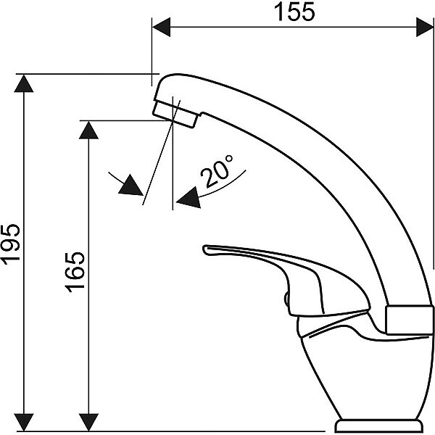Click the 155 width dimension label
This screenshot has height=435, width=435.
(x=294, y=12)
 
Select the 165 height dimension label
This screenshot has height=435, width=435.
(x=75, y=272)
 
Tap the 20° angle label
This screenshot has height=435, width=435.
(x=217, y=171)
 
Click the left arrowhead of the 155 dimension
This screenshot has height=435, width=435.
(x=161, y=27)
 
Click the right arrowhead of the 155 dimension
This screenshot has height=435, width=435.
(x=425, y=27)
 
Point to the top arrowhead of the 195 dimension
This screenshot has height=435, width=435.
(x=24, y=83)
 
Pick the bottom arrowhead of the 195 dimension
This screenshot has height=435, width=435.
(x=24, y=422)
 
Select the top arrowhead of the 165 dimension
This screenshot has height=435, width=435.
(x=88, y=130)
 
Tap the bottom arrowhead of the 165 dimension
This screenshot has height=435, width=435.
(x=88, y=422)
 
